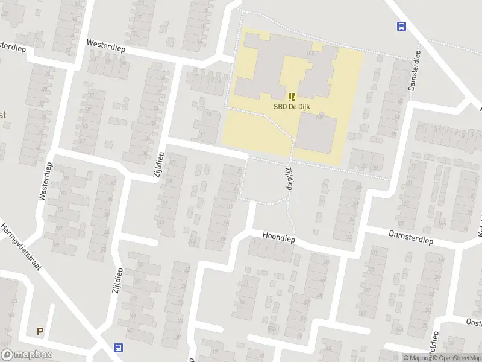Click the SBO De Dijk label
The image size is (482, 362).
tap(292, 107)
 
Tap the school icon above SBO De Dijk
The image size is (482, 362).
tap(292, 97)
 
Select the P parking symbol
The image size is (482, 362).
tap(40, 331)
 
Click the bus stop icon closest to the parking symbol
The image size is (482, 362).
tap(118, 348)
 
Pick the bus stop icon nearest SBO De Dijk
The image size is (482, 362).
tap(400, 25)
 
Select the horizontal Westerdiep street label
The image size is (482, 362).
tap(105, 45)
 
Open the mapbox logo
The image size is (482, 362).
tap(27, 355)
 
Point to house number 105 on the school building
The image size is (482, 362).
tap(311, 54)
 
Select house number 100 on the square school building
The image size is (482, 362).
tap(318, 118)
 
